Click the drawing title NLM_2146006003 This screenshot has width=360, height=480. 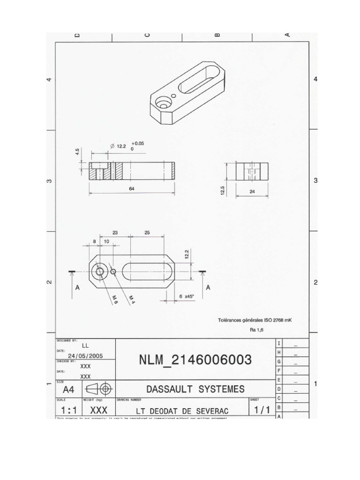[195, 360]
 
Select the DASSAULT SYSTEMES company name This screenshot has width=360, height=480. [195, 389]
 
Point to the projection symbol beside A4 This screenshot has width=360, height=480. [98, 389]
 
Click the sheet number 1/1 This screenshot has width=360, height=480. [262, 410]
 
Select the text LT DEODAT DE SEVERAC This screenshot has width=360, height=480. [182, 411]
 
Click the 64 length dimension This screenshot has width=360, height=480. [132, 188]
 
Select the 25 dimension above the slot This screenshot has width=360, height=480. [147, 232]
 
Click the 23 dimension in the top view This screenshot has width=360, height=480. [115, 232]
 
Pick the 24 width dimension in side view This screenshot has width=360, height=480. [252, 192]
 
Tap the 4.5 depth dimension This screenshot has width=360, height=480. [77, 153]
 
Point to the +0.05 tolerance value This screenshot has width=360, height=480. [138, 143]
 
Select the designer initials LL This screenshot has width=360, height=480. [85, 345]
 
